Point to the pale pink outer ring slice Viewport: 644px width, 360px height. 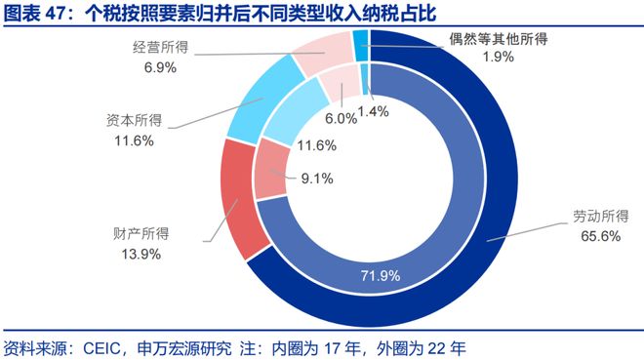322,55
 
